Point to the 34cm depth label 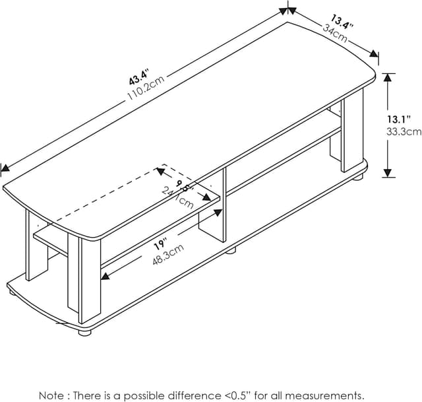335,34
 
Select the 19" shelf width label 161,243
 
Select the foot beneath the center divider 231,251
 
